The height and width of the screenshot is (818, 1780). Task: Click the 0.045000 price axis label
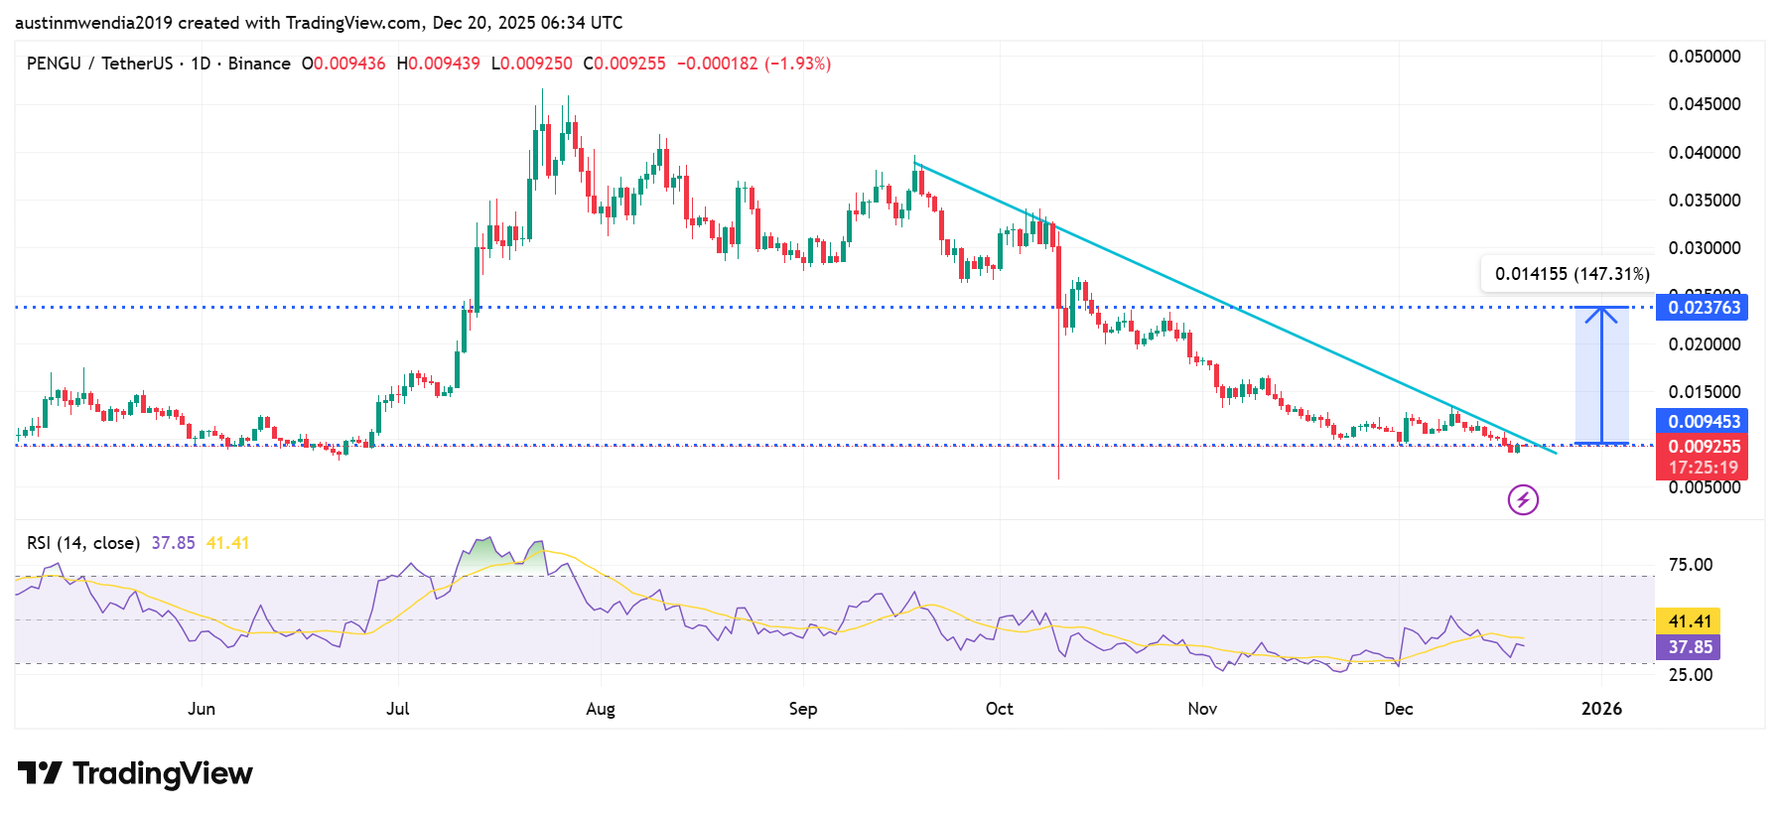(1704, 104)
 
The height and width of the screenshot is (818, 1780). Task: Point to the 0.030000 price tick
(1704, 248)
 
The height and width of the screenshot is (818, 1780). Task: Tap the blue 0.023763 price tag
(1703, 308)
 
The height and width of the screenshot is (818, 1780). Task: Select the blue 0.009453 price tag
(1703, 422)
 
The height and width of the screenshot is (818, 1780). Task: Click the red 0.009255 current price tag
(1703, 448)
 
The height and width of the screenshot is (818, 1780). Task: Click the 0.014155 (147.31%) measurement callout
(1572, 274)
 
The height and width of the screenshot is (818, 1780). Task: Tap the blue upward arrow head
(1600, 314)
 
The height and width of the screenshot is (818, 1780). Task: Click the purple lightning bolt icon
(1523, 499)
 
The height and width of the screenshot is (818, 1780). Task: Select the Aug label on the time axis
(601, 709)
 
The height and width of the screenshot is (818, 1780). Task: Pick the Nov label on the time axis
(1202, 709)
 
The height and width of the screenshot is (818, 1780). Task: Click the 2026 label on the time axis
(1601, 709)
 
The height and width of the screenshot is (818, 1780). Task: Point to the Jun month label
(202, 709)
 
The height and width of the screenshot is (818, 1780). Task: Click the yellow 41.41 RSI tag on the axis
(1689, 621)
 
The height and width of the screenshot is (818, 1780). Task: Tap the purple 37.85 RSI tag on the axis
(1689, 647)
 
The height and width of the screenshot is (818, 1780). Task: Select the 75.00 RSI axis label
(1690, 565)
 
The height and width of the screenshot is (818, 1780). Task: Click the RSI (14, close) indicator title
(83, 543)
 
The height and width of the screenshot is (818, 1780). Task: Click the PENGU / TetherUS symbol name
(99, 64)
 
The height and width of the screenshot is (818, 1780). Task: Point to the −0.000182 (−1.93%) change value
(753, 64)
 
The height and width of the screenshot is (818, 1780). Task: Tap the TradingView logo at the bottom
(135, 773)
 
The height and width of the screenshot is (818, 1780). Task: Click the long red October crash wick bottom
(1059, 477)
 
